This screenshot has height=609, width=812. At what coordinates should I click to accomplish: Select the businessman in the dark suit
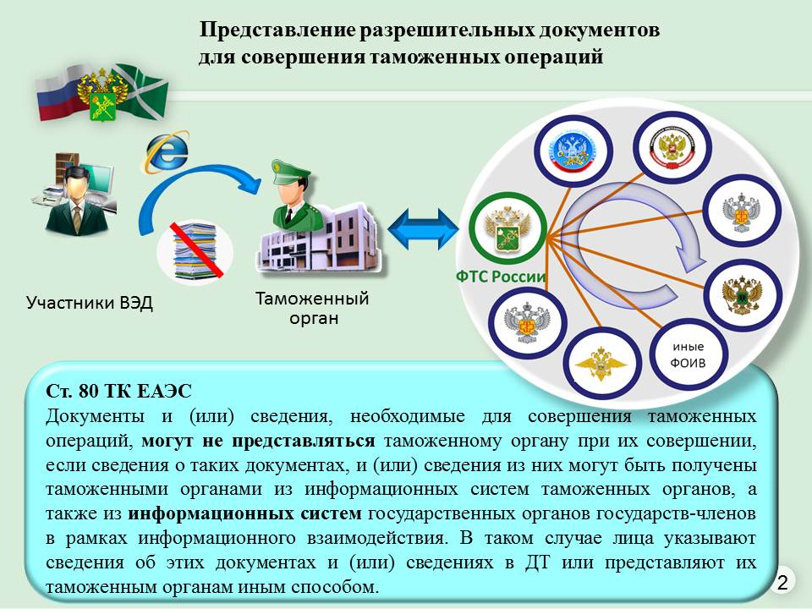point(74,201)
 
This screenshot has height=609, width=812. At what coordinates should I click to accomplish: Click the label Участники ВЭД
point(90,302)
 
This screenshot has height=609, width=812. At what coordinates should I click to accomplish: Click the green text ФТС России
point(501,277)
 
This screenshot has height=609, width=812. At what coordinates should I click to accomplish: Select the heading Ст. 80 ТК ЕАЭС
point(118,392)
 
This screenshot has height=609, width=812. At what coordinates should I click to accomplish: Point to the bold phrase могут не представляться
point(258,441)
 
